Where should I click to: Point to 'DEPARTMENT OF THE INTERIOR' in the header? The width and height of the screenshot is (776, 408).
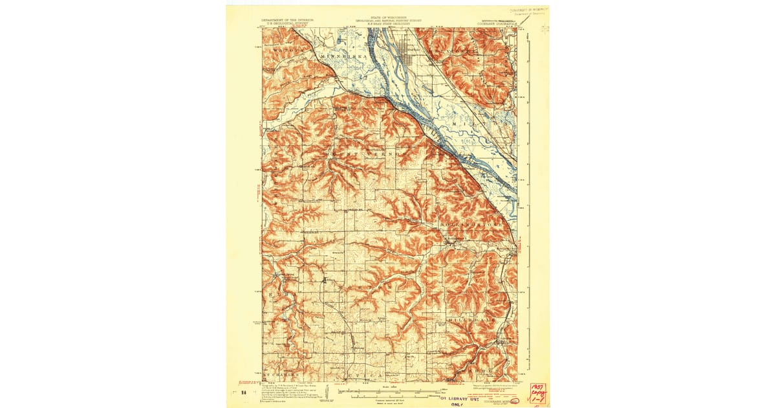click(288, 20)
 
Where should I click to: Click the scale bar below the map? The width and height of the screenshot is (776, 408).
click(387, 392)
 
